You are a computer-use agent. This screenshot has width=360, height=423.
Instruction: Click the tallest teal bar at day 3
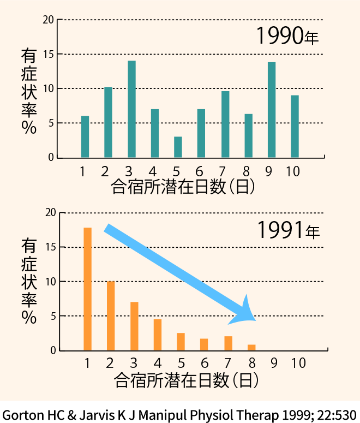(x=131, y=109)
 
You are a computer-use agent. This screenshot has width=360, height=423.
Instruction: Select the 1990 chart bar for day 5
(x=178, y=147)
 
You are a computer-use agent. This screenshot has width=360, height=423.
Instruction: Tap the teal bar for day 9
(x=272, y=110)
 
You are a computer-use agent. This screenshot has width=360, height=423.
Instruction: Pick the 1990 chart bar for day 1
(x=85, y=136)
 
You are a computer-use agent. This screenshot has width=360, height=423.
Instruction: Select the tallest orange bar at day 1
(x=87, y=289)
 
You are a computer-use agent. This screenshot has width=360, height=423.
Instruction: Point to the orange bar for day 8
(x=251, y=347)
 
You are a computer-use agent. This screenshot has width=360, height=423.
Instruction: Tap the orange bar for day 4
(x=158, y=335)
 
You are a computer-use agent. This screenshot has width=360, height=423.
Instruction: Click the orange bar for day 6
(x=204, y=344)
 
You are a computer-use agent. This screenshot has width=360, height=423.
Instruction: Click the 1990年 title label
(x=287, y=37)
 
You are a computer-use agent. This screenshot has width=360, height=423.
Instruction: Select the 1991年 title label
(x=288, y=231)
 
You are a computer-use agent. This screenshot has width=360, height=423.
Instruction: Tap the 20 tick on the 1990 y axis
(x=49, y=20)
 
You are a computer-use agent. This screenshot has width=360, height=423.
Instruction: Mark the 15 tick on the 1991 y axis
(x=49, y=247)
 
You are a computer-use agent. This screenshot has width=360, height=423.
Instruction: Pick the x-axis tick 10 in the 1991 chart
(x=297, y=363)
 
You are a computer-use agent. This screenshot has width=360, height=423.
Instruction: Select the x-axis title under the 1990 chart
(x=183, y=187)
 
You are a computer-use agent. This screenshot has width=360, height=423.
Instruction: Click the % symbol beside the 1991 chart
(x=29, y=318)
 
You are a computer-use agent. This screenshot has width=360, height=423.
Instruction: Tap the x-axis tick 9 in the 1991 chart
(x=274, y=363)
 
